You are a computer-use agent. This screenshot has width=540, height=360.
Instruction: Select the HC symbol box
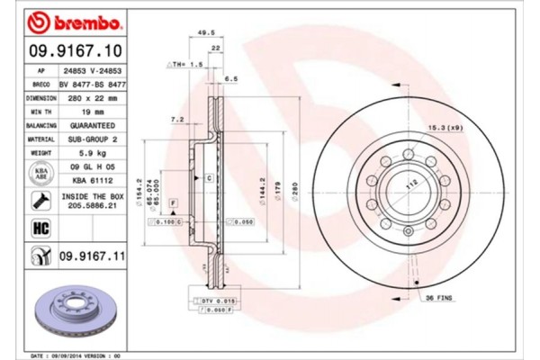coord(41,229)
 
